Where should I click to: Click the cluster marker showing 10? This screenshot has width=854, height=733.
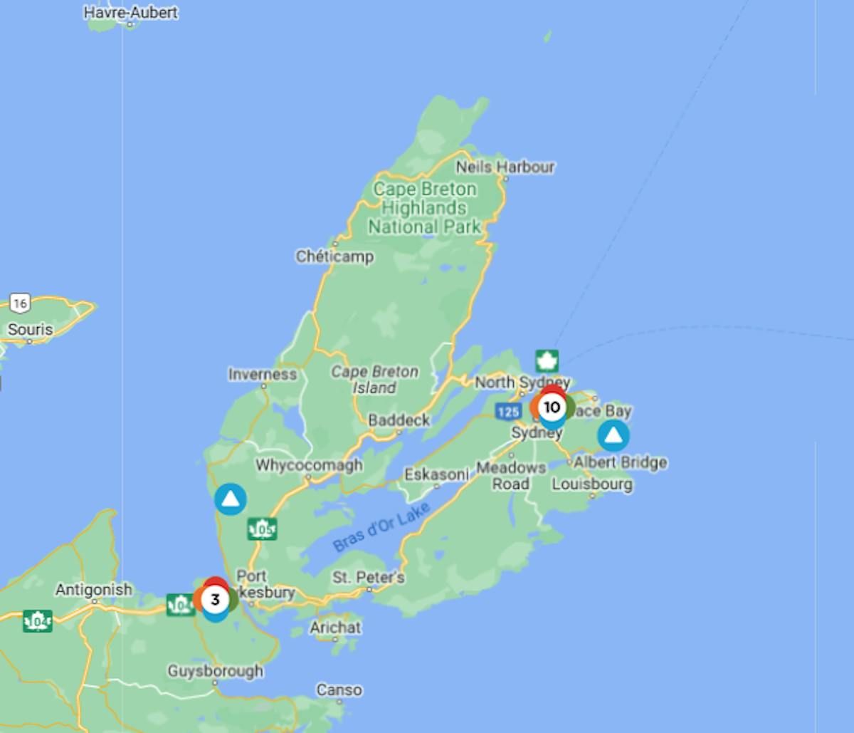552,407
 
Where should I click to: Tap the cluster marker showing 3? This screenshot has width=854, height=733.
214,600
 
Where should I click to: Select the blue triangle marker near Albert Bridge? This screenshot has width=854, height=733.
613,435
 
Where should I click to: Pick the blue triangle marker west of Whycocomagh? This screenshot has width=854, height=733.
231,499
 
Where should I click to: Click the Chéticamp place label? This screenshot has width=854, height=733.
334,256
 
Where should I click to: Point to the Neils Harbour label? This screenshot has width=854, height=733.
505,167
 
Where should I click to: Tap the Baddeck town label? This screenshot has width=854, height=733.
399,420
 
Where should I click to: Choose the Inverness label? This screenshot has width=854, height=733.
262,374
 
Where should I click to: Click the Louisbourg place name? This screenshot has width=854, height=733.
592,484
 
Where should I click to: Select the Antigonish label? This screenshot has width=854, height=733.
94,590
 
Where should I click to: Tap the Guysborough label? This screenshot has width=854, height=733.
215,671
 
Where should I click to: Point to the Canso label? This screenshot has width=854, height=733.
339,690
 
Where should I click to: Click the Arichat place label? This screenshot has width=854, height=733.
335,628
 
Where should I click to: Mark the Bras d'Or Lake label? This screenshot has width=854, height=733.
381,526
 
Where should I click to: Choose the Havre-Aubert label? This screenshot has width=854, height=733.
131,13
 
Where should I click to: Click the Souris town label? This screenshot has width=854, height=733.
31,330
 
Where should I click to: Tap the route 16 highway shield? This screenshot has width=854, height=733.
20,303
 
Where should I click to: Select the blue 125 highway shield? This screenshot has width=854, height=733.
509,412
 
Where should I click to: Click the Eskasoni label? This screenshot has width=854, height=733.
436,474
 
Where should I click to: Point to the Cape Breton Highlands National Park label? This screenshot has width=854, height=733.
425,208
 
